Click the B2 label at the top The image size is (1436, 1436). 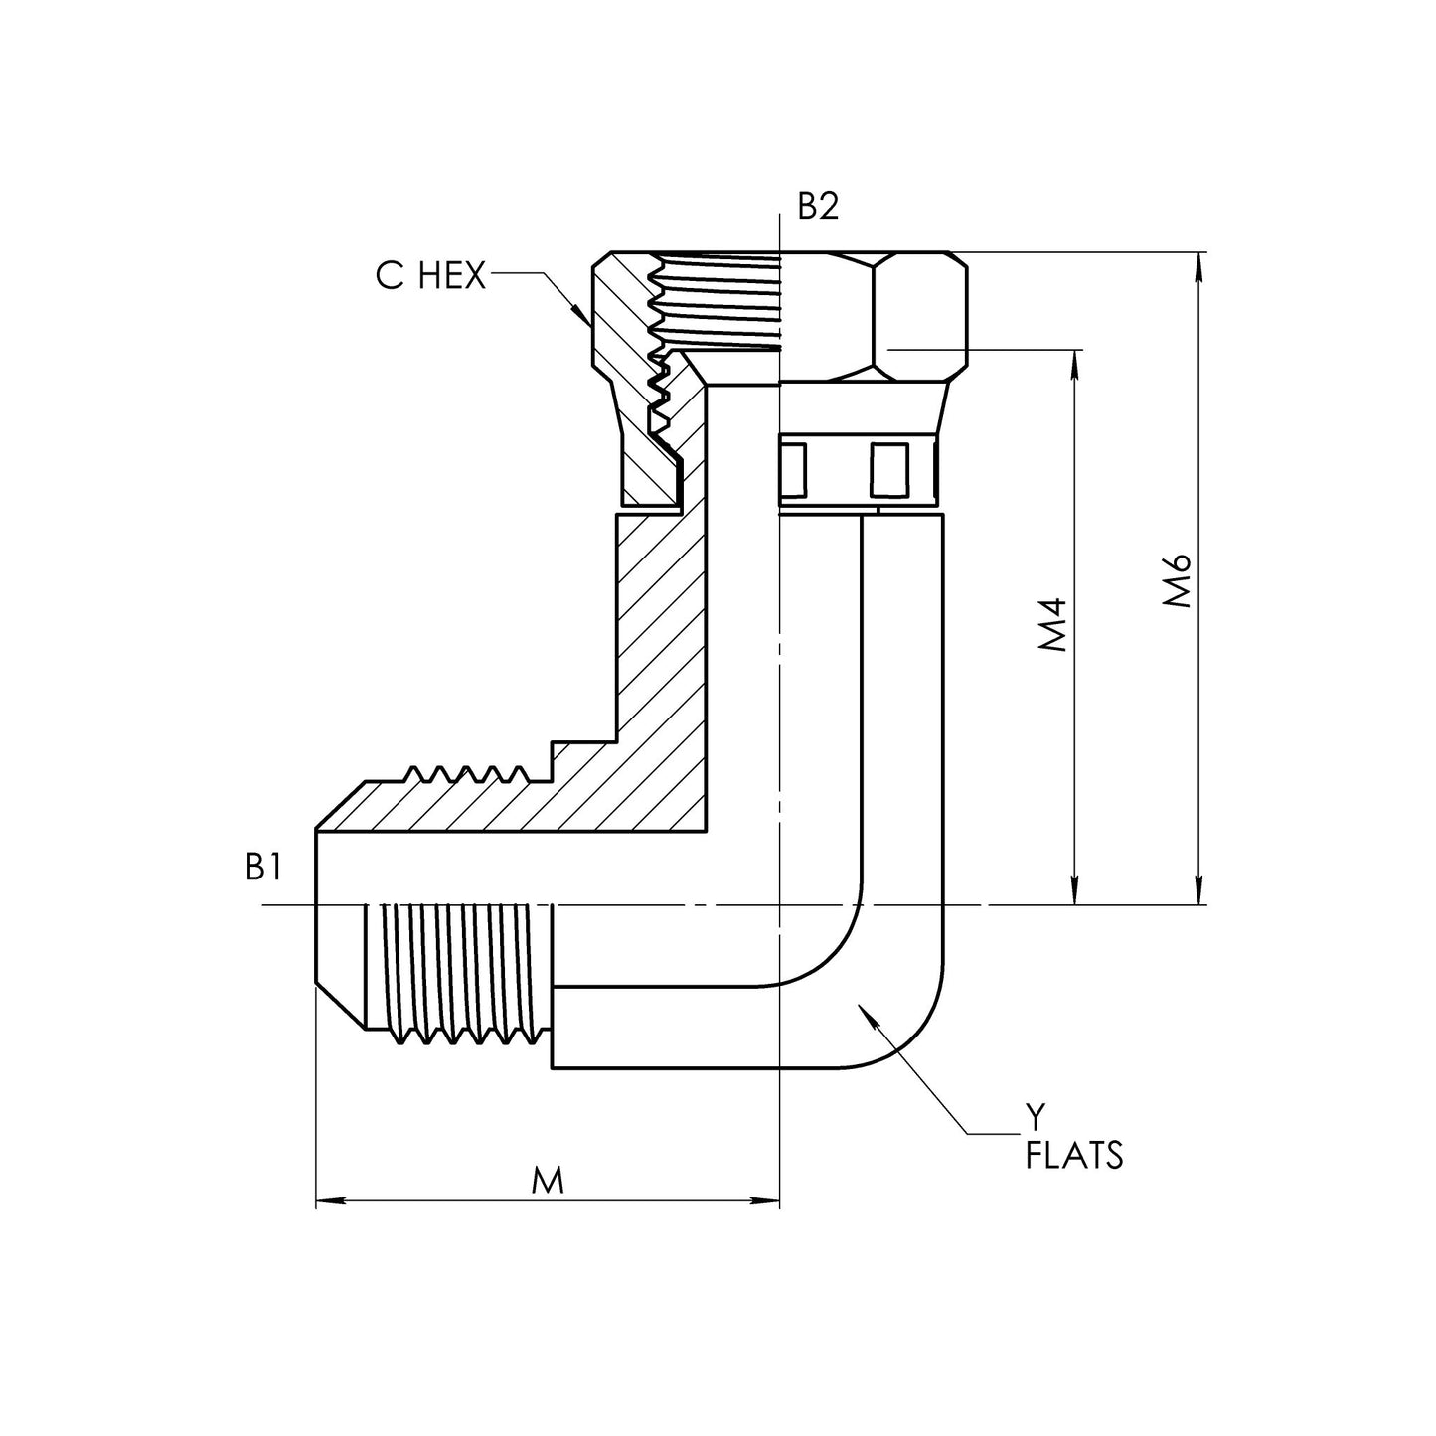pyautogui.click(x=819, y=206)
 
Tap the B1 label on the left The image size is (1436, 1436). pyautogui.click(x=263, y=868)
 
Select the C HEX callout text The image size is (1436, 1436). pyautogui.click(x=430, y=276)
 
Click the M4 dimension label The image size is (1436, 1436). pyautogui.click(x=1052, y=625)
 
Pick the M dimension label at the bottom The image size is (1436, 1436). pyautogui.click(x=548, y=1181)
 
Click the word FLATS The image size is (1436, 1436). pyautogui.click(x=1074, y=1156)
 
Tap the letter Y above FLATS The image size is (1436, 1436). pyautogui.click(x=1036, y=1119)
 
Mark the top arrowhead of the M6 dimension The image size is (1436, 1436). pyautogui.click(x=1200, y=261)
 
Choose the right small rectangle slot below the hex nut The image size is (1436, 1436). pyautogui.click(x=888, y=469)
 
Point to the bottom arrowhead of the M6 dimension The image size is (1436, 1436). pyautogui.click(x=1200, y=894)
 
